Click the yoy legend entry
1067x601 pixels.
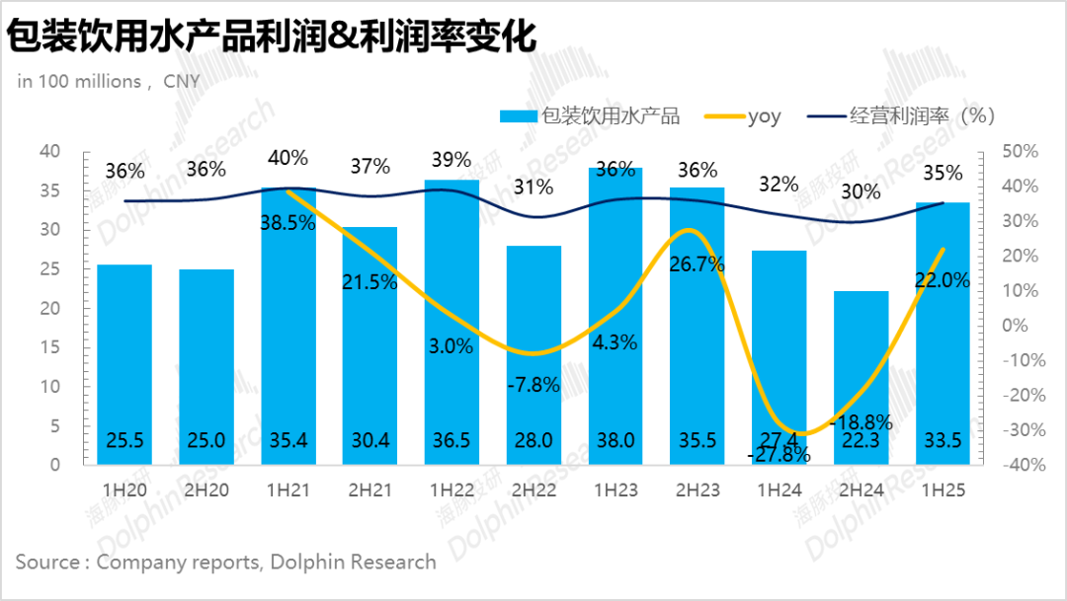click(x=764, y=116)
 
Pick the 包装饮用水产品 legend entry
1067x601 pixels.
click(x=610, y=116)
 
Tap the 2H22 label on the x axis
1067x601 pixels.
click(x=535, y=488)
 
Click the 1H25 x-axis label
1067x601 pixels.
click(x=942, y=488)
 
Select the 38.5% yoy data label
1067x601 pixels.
click(x=287, y=223)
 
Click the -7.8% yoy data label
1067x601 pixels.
click(x=533, y=386)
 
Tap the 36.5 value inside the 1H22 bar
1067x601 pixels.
click(x=452, y=442)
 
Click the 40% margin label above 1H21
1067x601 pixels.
click(x=287, y=157)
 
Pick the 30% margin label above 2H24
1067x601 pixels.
click(x=861, y=192)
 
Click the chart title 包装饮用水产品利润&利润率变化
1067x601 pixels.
click(x=273, y=38)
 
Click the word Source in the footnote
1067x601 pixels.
click(x=47, y=562)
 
